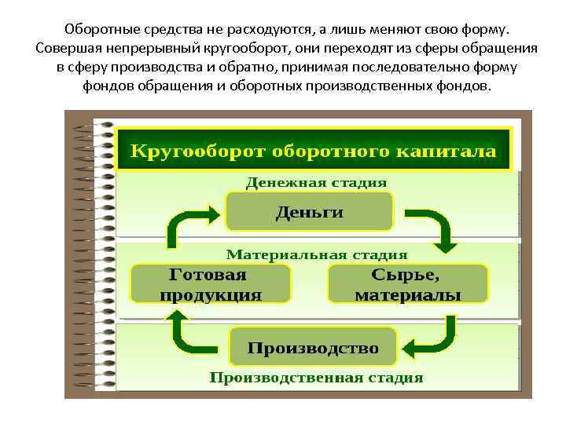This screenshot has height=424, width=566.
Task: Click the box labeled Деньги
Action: pyautogui.click(x=309, y=212)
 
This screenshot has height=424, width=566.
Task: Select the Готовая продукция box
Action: pyautogui.click(x=210, y=285)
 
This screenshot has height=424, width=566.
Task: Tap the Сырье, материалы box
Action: pyautogui.click(x=407, y=285)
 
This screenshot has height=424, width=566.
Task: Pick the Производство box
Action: pyautogui.click(x=313, y=347)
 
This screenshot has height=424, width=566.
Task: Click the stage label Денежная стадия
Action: pyautogui.click(x=316, y=182)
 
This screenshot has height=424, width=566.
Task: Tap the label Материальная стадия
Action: pyautogui.click(x=317, y=255)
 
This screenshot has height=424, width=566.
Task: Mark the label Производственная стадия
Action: pyautogui.click(x=316, y=378)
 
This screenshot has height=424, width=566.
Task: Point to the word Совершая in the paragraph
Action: pyautogui.click(x=68, y=48)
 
